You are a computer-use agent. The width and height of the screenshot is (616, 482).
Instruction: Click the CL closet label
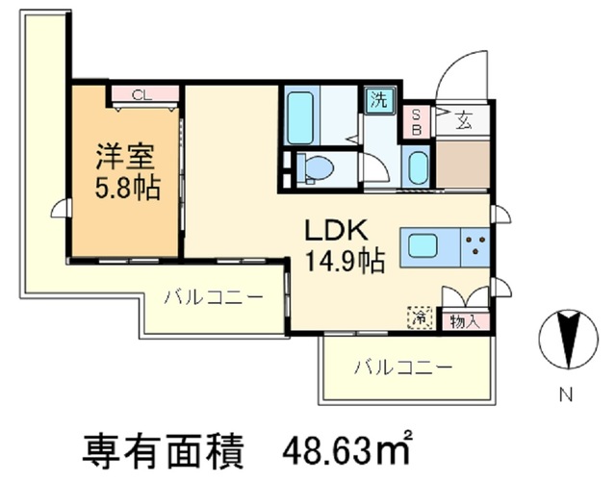click(x=141, y=94)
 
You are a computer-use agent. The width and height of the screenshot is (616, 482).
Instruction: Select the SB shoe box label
click(x=417, y=120)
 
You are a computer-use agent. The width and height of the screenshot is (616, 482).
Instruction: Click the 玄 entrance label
click(x=464, y=120)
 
